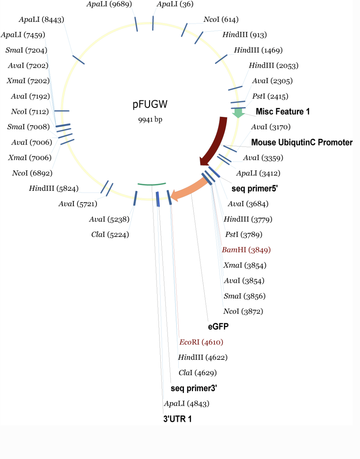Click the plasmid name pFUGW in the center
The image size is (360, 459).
click(150, 104)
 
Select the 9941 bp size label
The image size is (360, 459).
click(150, 120)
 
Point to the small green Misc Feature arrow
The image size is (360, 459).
click(238, 113)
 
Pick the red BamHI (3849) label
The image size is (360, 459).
click(246, 250)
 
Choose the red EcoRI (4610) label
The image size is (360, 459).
click(201, 342)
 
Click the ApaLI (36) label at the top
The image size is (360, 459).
click(175, 4)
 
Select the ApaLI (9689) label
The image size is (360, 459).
click(109, 4)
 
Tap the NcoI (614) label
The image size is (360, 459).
click(221, 20)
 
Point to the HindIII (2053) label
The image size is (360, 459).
click(273, 65)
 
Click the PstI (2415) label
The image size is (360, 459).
click(270, 96)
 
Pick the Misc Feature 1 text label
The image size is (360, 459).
click(283, 112)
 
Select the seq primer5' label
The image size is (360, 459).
click(254, 189)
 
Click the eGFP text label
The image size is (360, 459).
click(218, 327)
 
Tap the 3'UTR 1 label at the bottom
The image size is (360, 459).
click(178, 419)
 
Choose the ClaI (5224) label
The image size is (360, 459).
click(110, 235)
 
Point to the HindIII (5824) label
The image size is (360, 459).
click(54, 189)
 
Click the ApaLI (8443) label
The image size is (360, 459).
click(42, 20)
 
